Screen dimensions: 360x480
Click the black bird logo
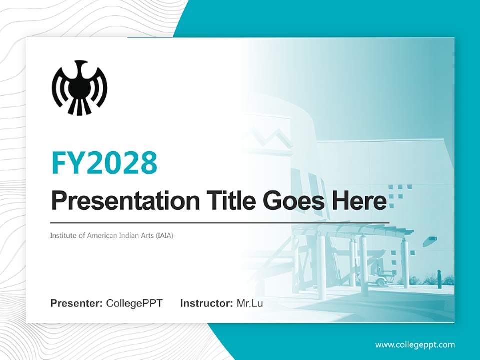(x=79, y=88)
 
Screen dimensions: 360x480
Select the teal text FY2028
(x=104, y=162)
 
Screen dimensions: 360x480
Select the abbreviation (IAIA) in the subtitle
(x=163, y=235)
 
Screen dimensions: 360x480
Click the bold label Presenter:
(x=77, y=303)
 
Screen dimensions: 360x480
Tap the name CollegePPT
(x=134, y=303)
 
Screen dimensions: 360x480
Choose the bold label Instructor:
(x=206, y=303)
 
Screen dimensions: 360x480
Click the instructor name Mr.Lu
(x=249, y=303)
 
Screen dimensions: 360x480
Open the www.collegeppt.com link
(x=415, y=345)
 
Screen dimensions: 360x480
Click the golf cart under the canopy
(x=382, y=280)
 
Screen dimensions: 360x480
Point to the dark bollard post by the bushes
(x=439, y=278)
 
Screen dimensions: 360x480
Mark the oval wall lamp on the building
(x=430, y=242)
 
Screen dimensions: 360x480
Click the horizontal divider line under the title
(x=220, y=222)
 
